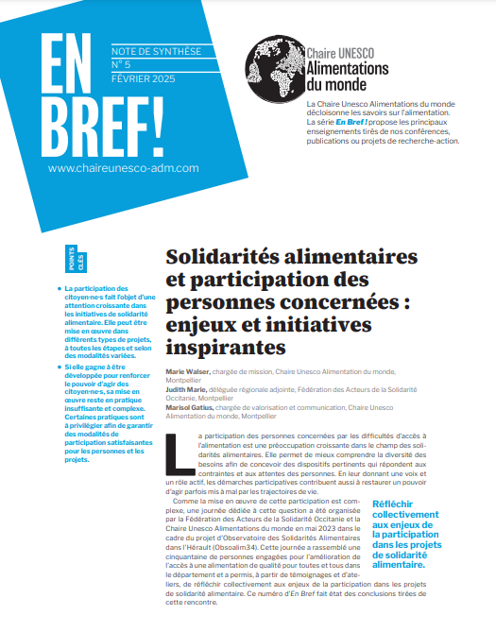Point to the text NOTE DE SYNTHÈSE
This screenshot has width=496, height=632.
[152, 50]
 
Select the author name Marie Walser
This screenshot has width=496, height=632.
[187, 372]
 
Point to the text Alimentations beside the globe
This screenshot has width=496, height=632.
[348, 69]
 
